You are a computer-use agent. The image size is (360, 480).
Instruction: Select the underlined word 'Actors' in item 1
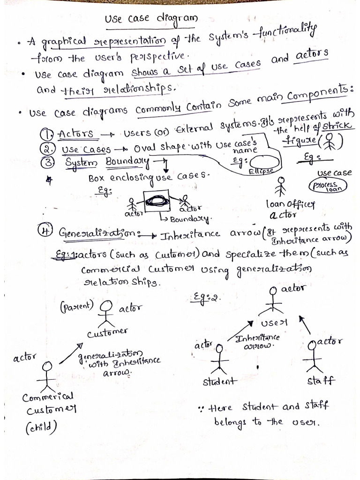(77, 135)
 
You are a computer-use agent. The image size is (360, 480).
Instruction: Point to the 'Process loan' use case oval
(327, 187)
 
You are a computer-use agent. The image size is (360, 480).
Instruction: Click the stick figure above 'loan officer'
(281, 187)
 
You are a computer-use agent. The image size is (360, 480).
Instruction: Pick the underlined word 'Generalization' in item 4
(97, 233)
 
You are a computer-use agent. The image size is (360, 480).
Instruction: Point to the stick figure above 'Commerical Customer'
(46, 375)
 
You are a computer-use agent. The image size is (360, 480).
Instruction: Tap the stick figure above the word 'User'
(273, 300)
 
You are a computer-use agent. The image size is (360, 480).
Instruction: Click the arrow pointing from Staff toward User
(304, 324)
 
